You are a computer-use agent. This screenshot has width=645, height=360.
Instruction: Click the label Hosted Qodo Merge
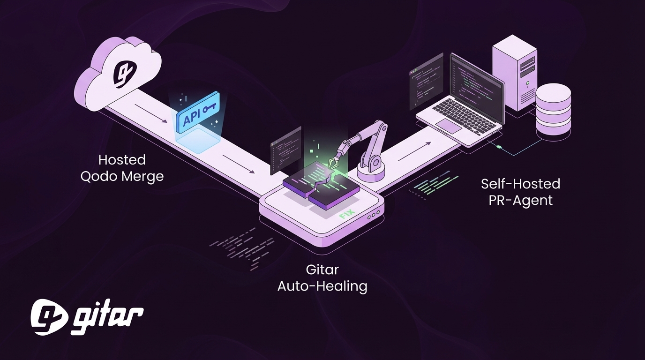point(122,168)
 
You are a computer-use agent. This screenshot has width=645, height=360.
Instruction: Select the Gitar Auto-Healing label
point(322,278)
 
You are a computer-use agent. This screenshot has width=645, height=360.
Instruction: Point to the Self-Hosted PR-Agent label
point(520,192)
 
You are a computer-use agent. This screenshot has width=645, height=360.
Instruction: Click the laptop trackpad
point(449,125)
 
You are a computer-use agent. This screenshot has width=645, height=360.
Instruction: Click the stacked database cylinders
point(553,109)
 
